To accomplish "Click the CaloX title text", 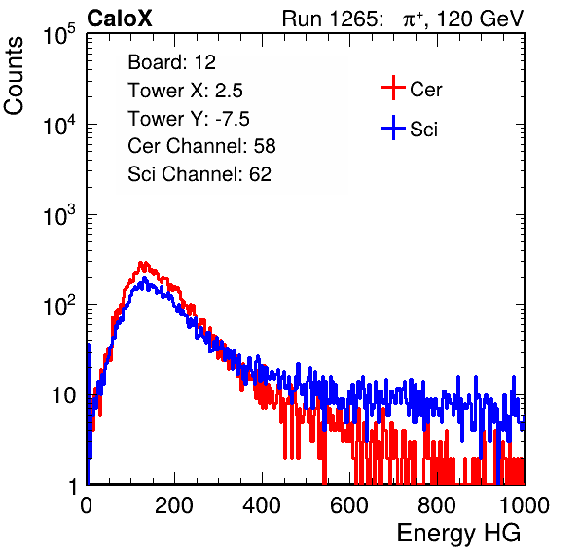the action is tap(119, 19).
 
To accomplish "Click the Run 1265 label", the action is tap(332, 19).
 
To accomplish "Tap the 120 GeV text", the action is tap(480, 19).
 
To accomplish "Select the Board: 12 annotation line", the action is tap(171, 62).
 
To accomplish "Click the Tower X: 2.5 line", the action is tap(185, 91).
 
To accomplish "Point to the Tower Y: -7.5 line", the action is tap(189, 119).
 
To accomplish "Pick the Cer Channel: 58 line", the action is tap(201, 146).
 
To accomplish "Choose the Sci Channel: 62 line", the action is tap(199, 174).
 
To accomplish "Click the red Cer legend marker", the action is tap(393, 88).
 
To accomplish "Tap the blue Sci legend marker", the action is tap(393, 128).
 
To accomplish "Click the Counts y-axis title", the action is tap(14, 75).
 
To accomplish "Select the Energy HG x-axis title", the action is tap(458, 534).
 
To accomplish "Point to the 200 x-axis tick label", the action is tap(174, 505).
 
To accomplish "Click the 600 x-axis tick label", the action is tap(349, 505).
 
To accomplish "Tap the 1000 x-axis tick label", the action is tap(525, 505).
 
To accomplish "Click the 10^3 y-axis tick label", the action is tap(59, 215).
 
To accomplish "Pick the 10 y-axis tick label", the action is tap(63, 395).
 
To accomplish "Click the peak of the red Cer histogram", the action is tap(141, 262).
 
